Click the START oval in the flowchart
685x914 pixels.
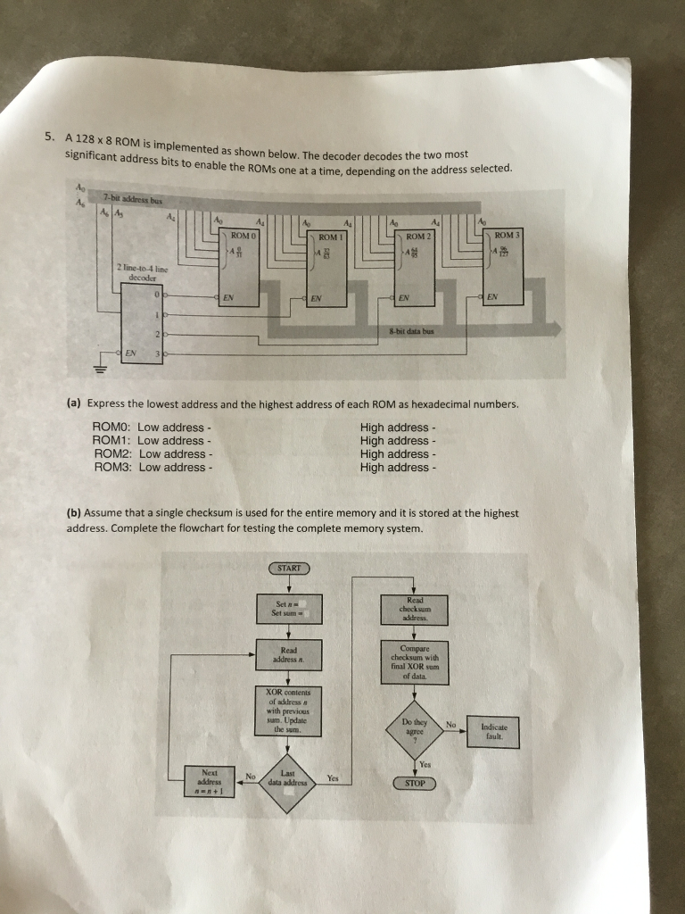click(x=287, y=568)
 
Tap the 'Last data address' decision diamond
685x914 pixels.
click(x=287, y=779)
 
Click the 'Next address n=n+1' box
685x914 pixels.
click(x=210, y=778)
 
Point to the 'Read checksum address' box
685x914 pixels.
click(x=415, y=611)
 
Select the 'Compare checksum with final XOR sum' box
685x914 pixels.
click(x=415, y=661)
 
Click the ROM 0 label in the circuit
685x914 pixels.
click(x=243, y=234)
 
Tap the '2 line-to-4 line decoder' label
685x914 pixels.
click(x=136, y=272)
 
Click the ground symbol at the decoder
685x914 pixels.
click(x=102, y=365)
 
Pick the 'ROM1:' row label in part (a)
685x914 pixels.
click(x=112, y=440)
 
